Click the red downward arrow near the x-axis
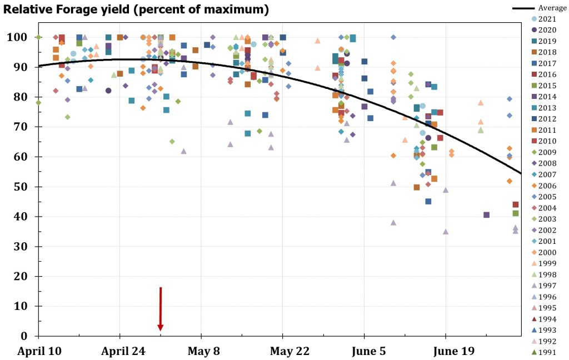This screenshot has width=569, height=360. coord(160,309)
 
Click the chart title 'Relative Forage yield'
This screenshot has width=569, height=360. coord(137,9)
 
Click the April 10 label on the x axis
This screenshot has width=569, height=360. coord(38,351)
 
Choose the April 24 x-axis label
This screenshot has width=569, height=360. coord(119,351)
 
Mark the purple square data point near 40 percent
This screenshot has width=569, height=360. coord(486,214)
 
